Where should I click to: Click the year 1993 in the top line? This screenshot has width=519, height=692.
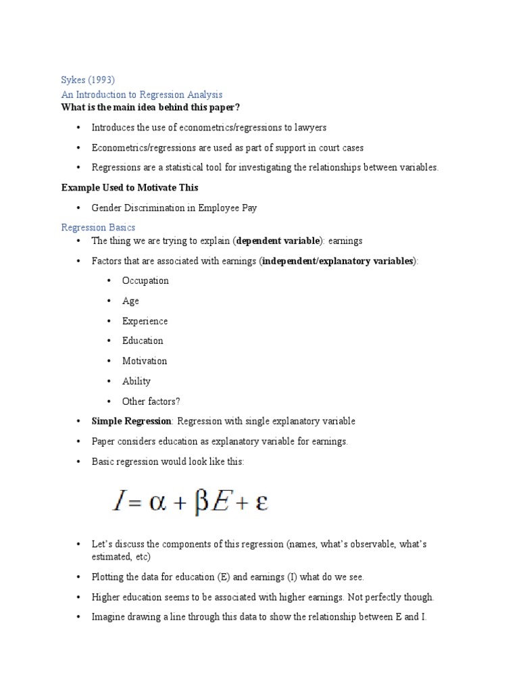click(107, 80)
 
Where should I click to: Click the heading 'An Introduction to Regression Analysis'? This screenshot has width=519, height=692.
click(142, 95)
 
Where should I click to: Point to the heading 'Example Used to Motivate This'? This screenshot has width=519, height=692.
click(130, 187)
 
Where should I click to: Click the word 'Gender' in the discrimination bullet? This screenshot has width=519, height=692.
click(107, 207)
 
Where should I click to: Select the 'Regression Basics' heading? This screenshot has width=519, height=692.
click(98, 228)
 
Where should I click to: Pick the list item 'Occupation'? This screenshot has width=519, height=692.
click(145, 280)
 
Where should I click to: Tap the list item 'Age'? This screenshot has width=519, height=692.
click(130, 301)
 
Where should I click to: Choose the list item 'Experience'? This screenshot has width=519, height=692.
click(145, 321)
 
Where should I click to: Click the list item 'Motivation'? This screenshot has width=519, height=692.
click(144, 361)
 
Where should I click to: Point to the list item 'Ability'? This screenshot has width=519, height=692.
click(136, 381)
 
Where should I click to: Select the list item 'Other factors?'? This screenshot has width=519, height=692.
click(151, 401)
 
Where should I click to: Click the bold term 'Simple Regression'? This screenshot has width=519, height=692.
click(132, 421)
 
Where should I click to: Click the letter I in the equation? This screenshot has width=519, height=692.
click(119, 503)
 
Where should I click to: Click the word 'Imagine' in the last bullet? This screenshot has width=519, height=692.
click(109, 617)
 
